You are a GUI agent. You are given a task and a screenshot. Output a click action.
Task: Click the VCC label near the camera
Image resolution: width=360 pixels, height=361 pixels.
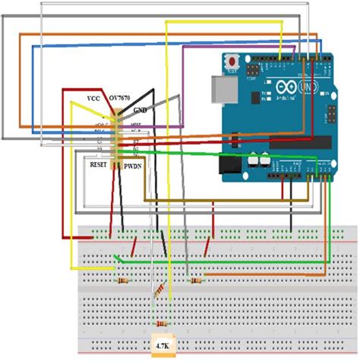click(93, 99)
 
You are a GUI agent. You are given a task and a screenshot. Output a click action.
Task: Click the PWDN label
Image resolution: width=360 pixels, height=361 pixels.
click(134, 163)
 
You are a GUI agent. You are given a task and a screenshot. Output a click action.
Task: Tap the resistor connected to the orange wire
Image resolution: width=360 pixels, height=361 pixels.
click(197, 281)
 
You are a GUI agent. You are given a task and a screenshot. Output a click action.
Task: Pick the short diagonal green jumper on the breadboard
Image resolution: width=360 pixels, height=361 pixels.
click(116, 261)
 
